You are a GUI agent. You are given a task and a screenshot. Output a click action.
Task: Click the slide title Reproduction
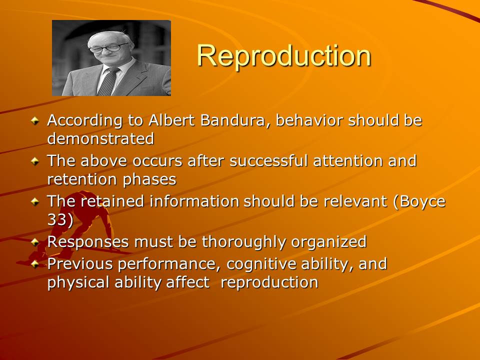[284, 55]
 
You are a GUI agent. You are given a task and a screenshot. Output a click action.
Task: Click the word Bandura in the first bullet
[232, 120]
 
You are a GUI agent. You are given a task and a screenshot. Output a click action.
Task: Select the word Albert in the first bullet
[171, 120]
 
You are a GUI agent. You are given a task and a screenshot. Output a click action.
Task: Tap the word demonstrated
[100, 138]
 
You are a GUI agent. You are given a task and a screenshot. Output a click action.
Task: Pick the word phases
[149, 180]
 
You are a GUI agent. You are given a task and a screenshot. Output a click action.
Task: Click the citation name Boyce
[422, 202]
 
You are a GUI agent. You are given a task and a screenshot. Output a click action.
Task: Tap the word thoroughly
[243, 242]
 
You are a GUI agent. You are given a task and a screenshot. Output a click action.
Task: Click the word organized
[329, 242]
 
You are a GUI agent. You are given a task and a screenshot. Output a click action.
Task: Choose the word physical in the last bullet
[78, 282]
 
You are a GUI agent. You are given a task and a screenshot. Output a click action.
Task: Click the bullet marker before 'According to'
[35, 120]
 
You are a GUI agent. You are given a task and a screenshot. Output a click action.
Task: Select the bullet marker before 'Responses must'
[35, 242]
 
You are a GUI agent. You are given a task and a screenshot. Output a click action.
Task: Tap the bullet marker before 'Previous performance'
[35, 264]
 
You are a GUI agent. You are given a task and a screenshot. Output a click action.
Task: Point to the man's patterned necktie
[108, 81]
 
